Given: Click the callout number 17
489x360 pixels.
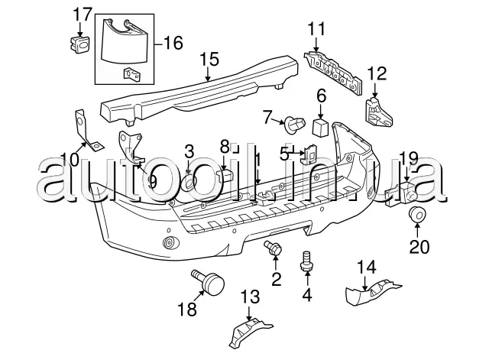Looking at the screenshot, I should [x=82, y=14].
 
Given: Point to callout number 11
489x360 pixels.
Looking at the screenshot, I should [x=316, y=30].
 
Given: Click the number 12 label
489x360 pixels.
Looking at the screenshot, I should [x=377, y=74].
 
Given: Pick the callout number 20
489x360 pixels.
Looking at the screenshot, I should [x=419, y=247].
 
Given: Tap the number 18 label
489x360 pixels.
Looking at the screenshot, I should [x=186, y=309].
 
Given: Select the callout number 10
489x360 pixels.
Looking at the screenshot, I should [x=69, y=158].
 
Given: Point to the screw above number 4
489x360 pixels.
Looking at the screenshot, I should [x=309, y=258].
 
